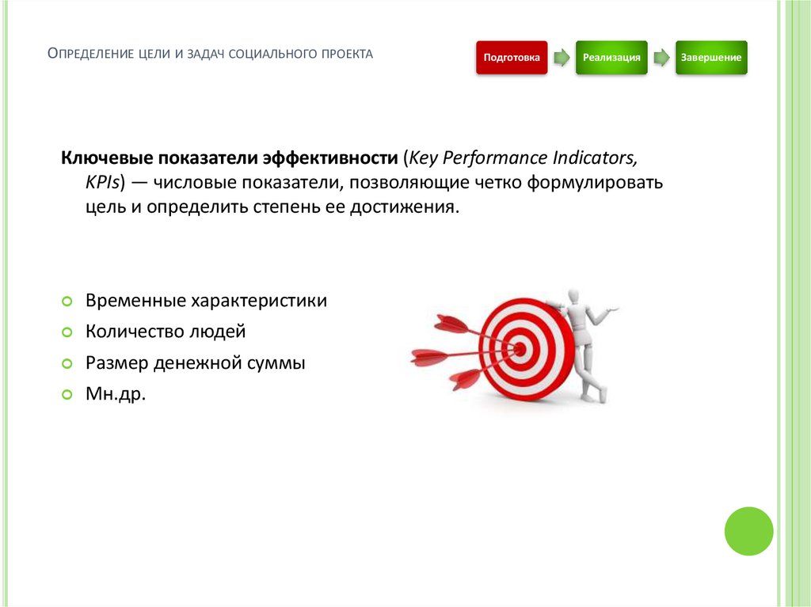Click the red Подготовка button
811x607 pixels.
click(x=512, y=58)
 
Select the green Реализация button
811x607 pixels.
click(x=611, y=58)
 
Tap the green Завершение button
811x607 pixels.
click(x=711, y=58)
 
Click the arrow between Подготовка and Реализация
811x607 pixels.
click(x=561, y=58)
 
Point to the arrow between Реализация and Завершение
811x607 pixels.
click(x=661, y=58)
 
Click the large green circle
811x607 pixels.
click(x=748, y=531)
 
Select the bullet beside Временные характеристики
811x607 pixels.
click(x=67, y=302)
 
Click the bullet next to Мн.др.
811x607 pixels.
click(x=67, y=393)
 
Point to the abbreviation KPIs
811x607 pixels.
click(x=102, y=182)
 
